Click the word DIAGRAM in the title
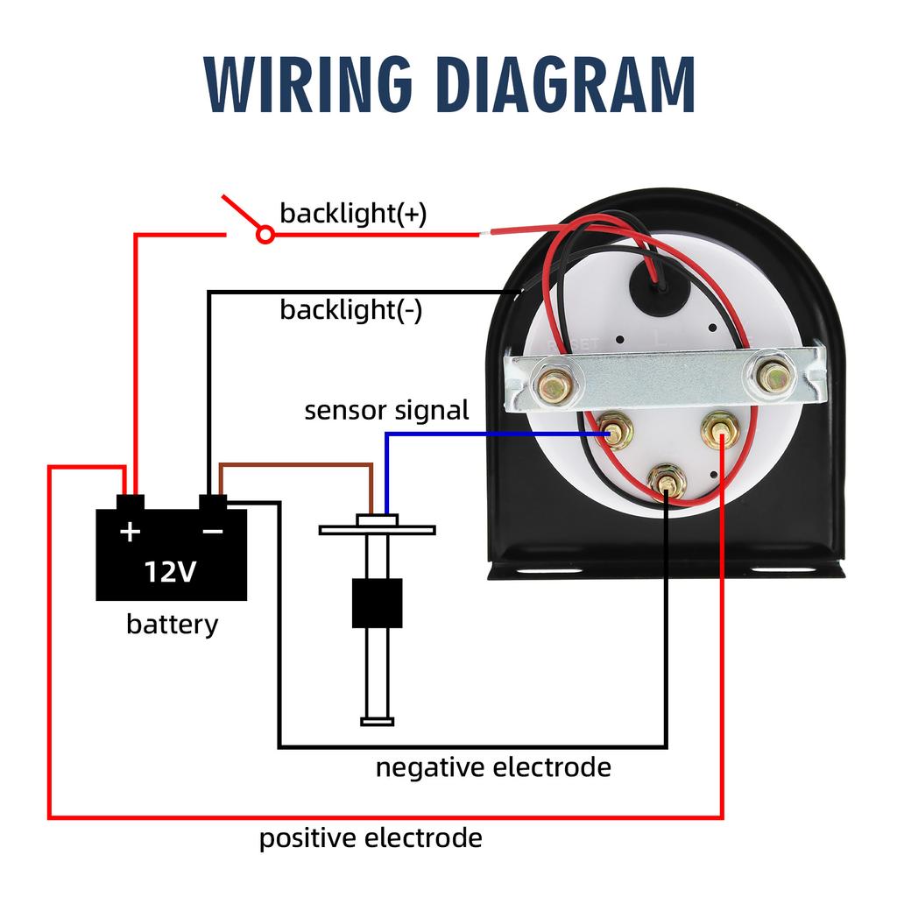568,85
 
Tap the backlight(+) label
353,214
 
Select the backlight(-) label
350,311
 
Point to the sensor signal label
386,411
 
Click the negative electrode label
493,767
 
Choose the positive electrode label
371,839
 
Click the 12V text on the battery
170,571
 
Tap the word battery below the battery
173,624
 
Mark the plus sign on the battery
130,532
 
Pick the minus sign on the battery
213,532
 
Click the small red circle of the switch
265,235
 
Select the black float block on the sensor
377,603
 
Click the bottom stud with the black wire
667,483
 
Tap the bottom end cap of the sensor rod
377,722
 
